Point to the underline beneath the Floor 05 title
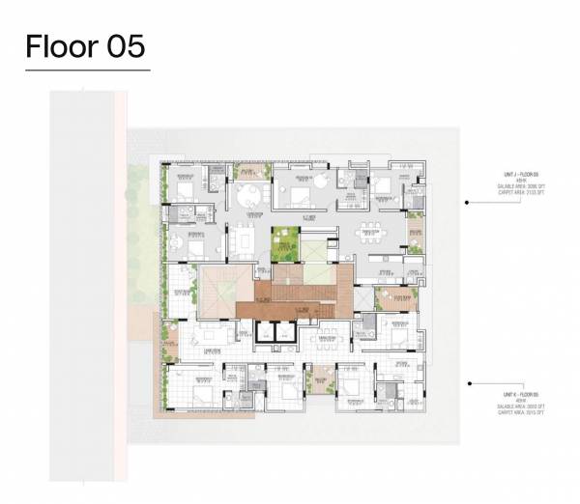coord(87,70)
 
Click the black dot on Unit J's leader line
coord(468,204)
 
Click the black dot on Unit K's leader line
coord(468,381)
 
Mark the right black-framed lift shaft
coord(284,332)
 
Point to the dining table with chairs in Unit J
coord(372,233)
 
